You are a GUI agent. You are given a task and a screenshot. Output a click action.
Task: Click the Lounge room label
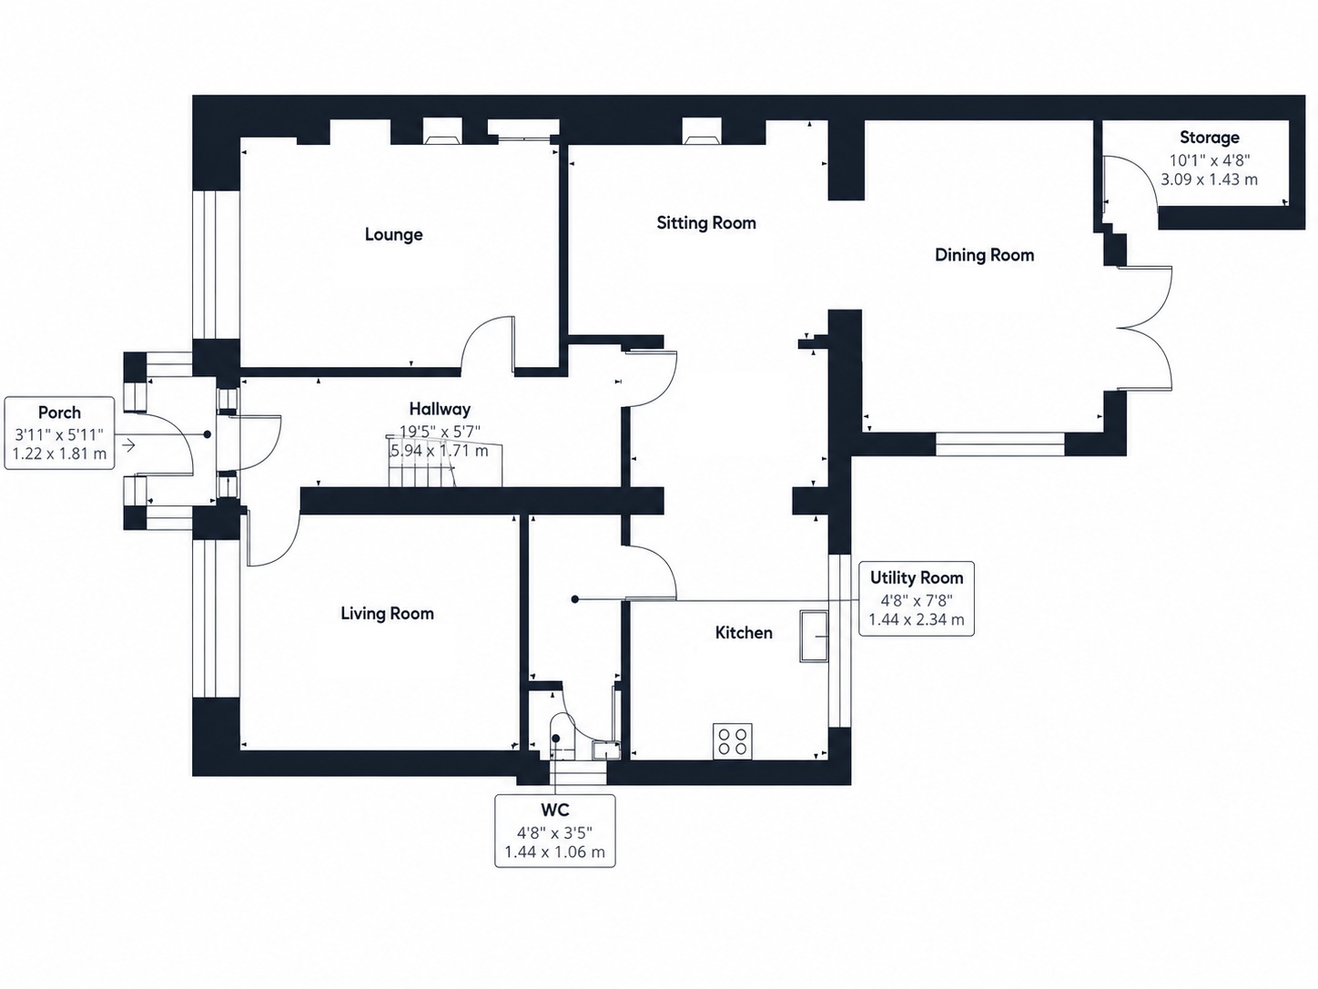[x=393, y=234]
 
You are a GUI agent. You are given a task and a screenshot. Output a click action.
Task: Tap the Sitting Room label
[x=706, y=223]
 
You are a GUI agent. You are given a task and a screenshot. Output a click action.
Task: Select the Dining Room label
[x=984, y=255]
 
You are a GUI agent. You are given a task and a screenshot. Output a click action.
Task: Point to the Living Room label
[x=387, y=613]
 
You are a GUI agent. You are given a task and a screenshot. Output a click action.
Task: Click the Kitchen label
[x=744, y=632]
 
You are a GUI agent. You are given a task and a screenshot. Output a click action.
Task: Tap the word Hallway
[x=440, y=409]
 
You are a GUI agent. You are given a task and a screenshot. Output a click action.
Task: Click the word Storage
[x=1210, y=138]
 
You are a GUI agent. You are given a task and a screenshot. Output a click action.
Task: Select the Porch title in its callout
[x=59, y=413]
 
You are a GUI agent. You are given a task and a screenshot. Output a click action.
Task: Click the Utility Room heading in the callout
[x=917, y=577]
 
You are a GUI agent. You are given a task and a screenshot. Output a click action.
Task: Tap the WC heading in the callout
[x=555, y=810]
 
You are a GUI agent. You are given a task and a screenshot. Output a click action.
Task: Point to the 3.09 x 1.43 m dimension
[x=1209, y=179]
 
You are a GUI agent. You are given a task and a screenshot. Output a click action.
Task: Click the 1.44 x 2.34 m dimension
[x=917, y=619]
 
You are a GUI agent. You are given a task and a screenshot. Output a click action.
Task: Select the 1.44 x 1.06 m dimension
[x=555, y=851]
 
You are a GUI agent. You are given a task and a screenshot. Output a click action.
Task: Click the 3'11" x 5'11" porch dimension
[x=59, y=433]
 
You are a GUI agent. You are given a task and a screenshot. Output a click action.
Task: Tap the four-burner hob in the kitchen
[x=733, y=741]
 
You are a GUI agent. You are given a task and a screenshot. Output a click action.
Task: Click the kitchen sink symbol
[x=814, y=637]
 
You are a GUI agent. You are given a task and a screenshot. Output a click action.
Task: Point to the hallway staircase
[x=444, y=461]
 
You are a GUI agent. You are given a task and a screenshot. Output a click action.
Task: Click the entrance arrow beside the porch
[x=128, y=445]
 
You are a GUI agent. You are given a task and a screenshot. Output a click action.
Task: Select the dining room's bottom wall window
[x=999, y=444]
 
